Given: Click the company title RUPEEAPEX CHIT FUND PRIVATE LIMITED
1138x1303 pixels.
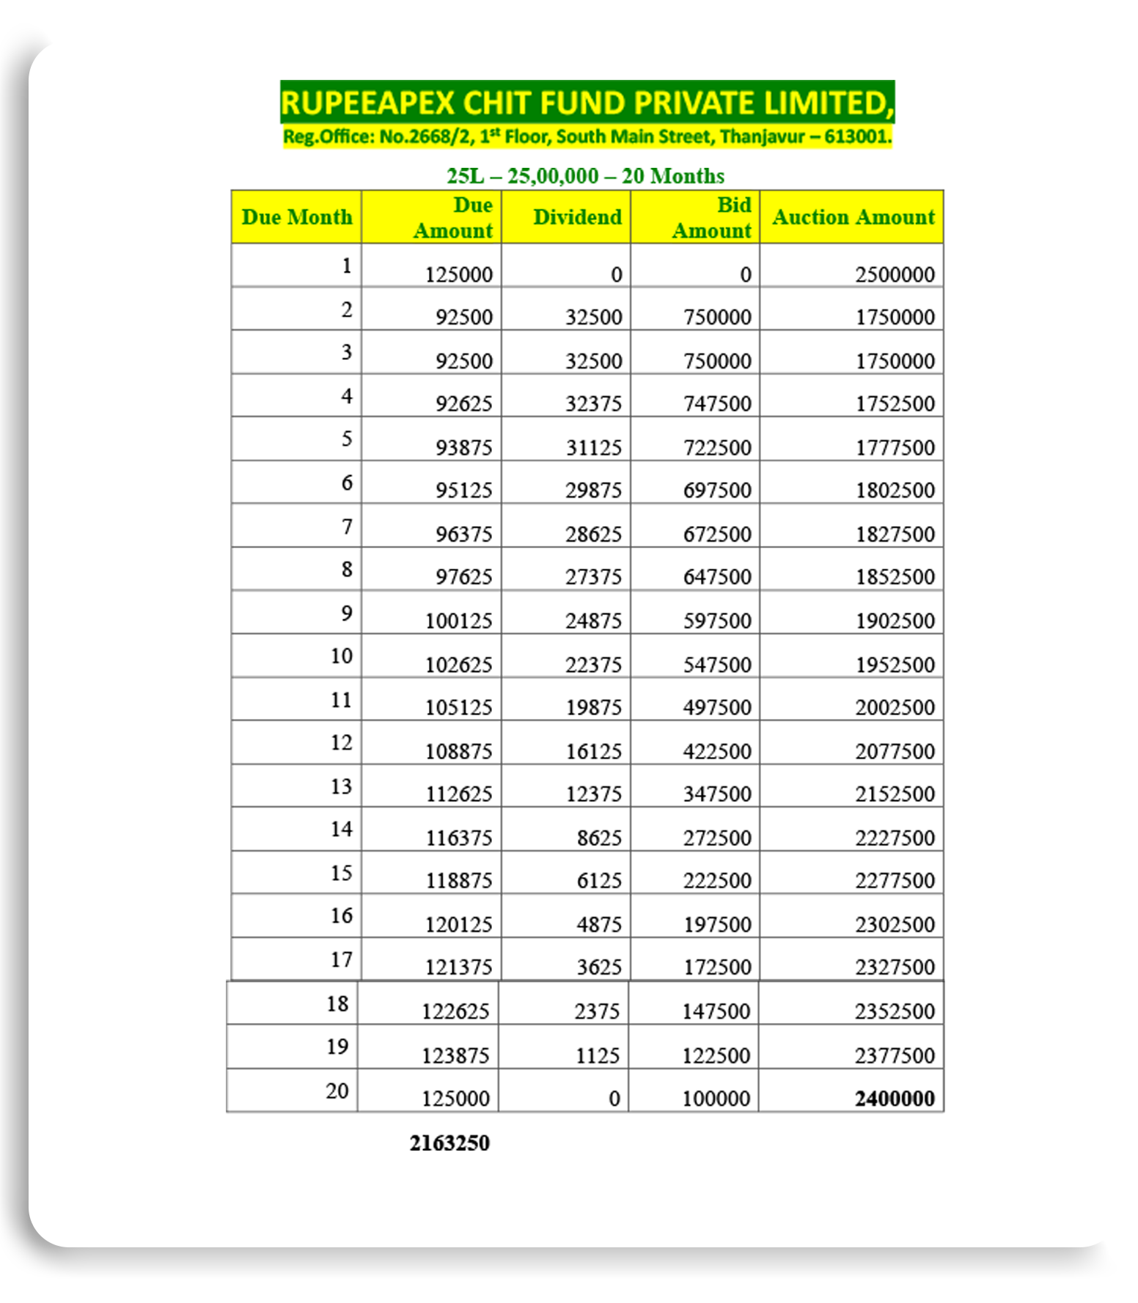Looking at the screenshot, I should [587, 103].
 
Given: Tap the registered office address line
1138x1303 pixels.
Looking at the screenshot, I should [587, 137].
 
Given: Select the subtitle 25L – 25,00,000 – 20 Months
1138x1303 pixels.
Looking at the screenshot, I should [585, 176].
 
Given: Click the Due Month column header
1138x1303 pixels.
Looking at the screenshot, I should [296, 217].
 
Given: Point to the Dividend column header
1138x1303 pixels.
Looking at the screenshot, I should [577, 217].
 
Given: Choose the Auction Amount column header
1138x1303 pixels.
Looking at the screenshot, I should [853, 217].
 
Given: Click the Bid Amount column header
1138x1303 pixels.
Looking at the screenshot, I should [711, 218].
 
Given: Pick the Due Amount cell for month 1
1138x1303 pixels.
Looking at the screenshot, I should [458, 274].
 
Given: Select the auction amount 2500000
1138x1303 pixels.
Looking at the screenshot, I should [895, 274].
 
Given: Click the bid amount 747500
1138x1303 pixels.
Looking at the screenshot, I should [717, 404].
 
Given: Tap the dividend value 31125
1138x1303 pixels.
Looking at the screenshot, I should [593, 447].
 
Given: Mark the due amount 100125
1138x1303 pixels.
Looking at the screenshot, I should [458, 621].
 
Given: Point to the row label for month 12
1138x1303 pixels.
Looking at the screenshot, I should [342, 743].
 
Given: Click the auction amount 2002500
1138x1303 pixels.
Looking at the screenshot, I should [895, 707].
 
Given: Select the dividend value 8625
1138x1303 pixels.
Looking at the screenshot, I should [599, 838].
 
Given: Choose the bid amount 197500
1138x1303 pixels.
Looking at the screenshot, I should [717, 924].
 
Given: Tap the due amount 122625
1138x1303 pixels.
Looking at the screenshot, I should [455, 1011].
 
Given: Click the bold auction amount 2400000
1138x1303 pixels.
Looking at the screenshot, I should [895, 1099].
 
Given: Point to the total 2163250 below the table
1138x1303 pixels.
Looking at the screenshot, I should [449, 1143].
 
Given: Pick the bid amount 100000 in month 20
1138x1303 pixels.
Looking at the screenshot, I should [716, 1099].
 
